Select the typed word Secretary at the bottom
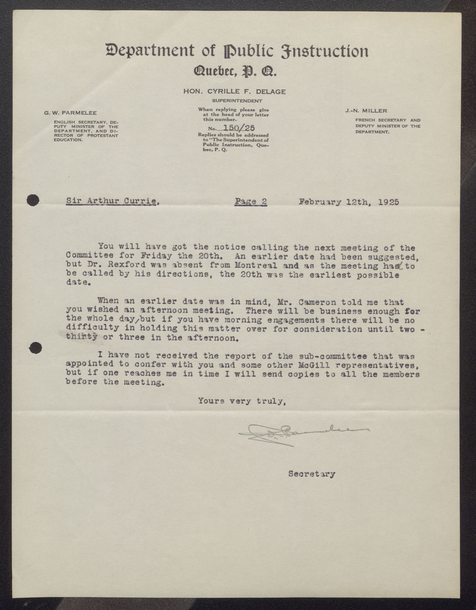[x=312, y=474]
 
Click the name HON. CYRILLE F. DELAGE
[x=234, y=91]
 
